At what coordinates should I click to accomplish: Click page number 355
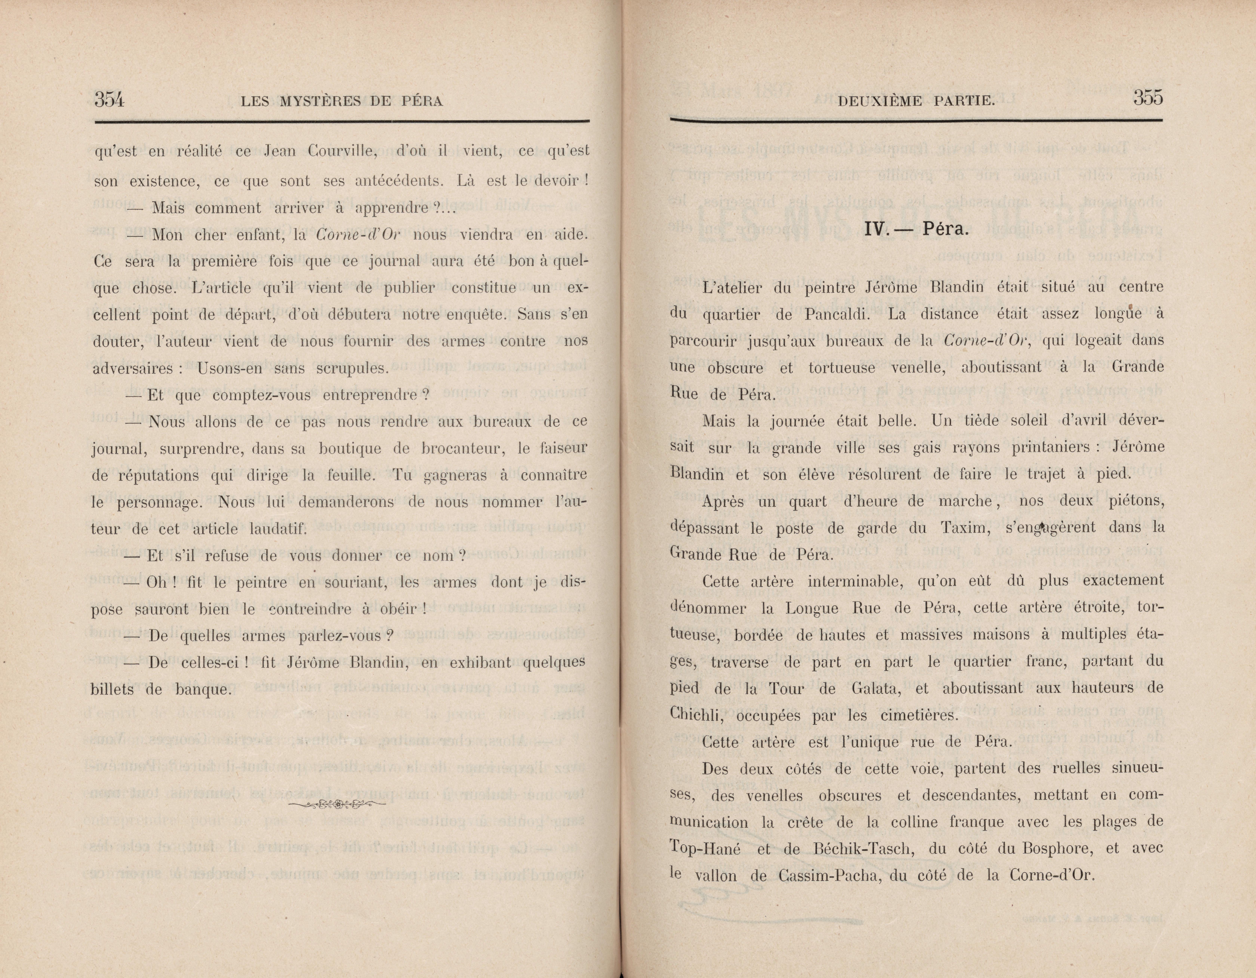(x=1148, y=98)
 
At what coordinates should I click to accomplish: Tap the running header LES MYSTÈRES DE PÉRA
(x=342, y=102)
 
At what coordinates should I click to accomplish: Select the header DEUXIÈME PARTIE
(x=917, y=102)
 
